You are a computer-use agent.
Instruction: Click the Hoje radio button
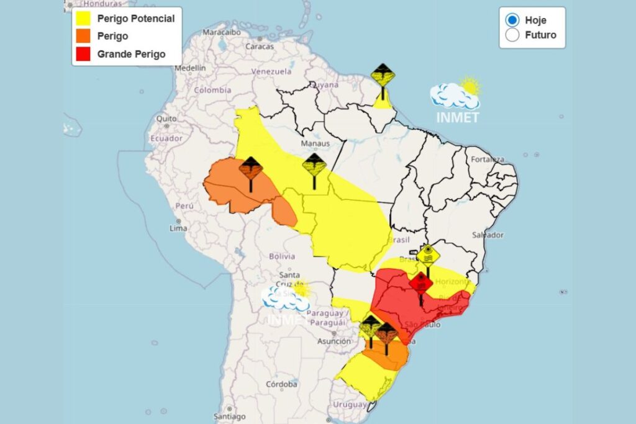pos(512,20)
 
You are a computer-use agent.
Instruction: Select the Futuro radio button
pos(512,35)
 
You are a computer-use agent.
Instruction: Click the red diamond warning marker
pos(420,284)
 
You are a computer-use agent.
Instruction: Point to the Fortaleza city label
pos(486,160)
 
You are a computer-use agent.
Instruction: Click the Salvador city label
pos(487,235)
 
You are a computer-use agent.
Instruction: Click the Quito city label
pos(166,119)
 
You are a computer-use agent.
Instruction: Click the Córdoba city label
pos(281,384)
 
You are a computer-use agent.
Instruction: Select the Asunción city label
pos(334,341)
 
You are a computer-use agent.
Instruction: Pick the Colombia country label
pos(212,90)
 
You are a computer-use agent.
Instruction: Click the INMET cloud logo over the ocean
pos(456,99)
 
